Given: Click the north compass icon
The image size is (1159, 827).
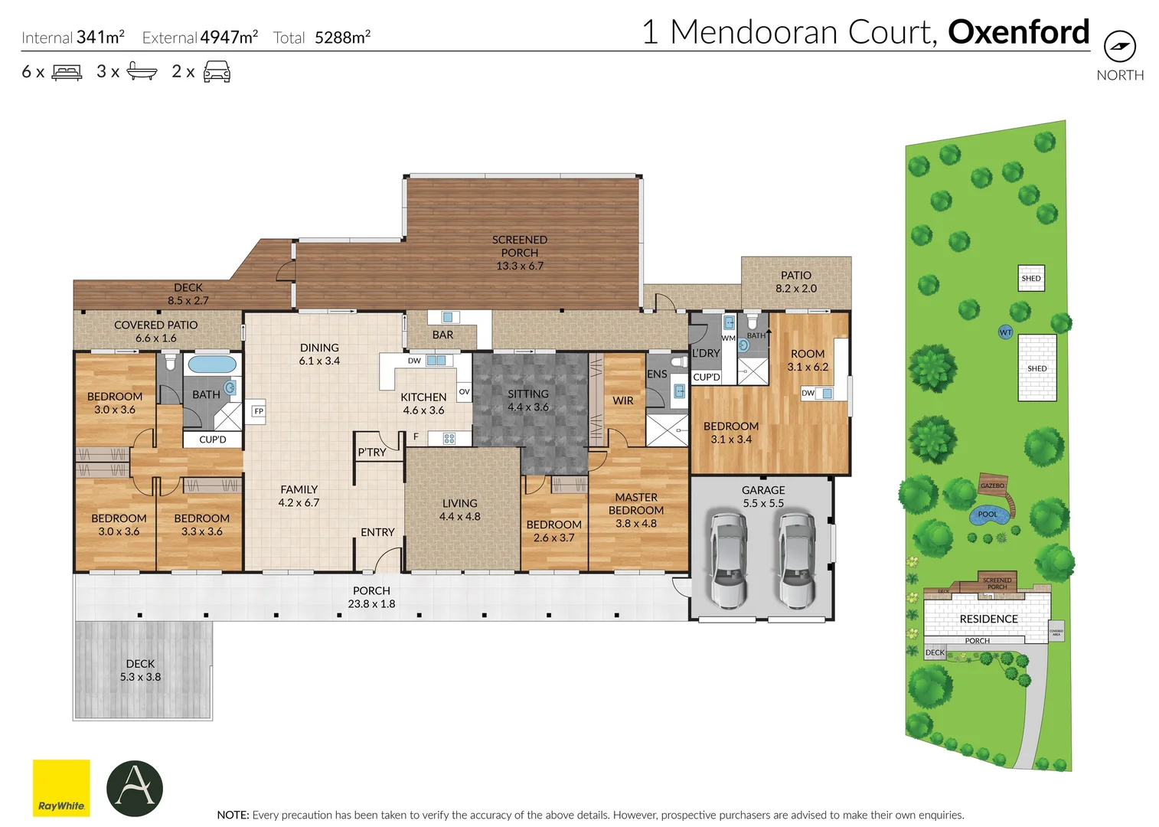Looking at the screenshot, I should coord(1119,47).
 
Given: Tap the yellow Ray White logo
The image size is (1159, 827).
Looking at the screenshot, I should coord(61,787).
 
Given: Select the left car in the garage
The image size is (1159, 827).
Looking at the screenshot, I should coord(728,558).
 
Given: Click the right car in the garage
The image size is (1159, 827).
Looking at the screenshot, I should coord(797,558).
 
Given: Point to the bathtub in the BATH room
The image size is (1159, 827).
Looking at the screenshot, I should coord(212,364).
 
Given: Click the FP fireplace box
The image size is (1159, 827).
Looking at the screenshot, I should coord(259,411).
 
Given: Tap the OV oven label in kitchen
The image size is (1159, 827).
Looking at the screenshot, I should coord(464,391).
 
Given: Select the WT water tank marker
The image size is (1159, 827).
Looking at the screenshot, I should coord(1005,332).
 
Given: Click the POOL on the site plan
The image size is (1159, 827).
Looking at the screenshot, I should coord(988,515).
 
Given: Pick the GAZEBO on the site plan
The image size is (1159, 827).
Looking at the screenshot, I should coord(993,485).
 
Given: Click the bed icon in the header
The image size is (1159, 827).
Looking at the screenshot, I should coord(67,73).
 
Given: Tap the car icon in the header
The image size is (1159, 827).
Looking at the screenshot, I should coord(217,72).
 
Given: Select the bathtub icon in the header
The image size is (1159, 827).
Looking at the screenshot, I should coord(142,72).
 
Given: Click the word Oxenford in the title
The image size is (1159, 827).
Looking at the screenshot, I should coord(1018,32).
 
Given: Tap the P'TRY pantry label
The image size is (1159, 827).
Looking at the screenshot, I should coord(372,452).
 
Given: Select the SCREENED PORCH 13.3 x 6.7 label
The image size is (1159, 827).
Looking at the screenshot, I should coord(520,253).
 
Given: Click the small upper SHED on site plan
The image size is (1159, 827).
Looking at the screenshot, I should coord(1031,278).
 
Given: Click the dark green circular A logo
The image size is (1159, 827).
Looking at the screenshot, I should coord(135,788).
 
